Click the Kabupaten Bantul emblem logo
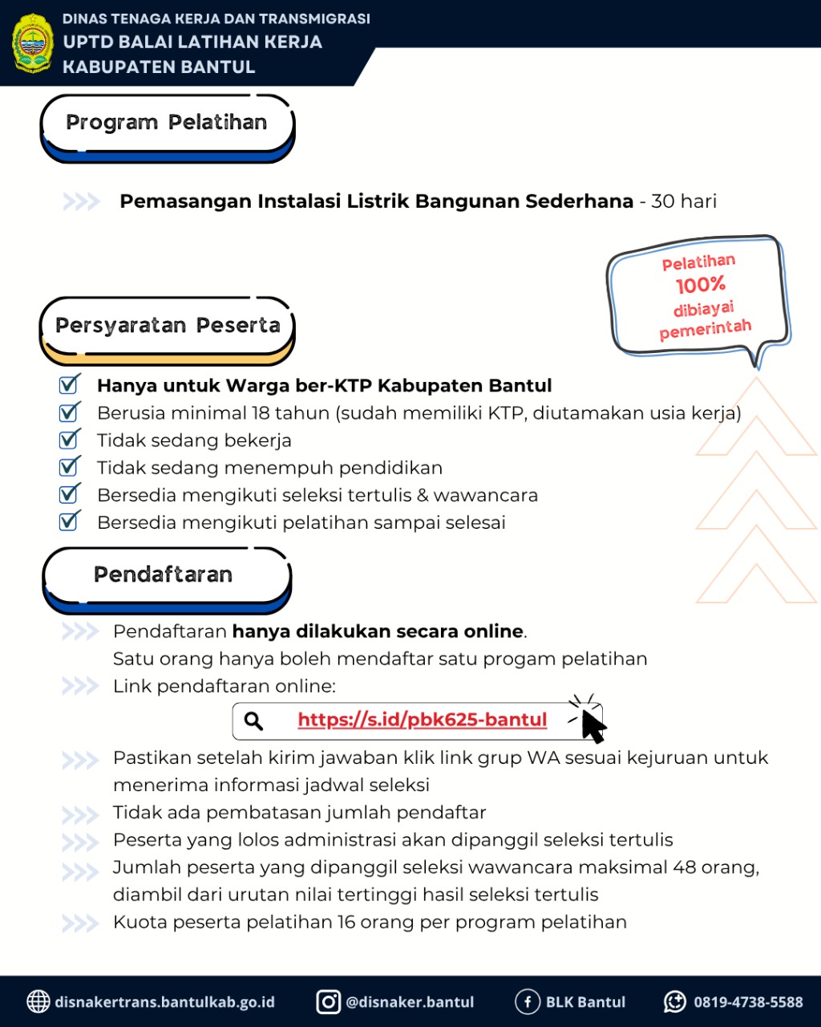32,43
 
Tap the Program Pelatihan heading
167,123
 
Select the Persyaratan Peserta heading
168,326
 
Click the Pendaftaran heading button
164,574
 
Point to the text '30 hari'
684,201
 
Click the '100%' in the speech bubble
700,285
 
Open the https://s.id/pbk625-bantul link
422,720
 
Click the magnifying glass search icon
254,721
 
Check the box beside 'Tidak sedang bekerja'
70,440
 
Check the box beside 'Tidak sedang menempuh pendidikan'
70,467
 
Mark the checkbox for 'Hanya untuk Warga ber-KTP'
70,385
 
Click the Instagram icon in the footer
328,1001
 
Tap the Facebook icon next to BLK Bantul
527,1001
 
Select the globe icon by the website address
38,1001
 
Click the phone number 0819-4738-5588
748,1002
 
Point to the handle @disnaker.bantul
410,1002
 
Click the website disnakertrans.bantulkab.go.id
164,1002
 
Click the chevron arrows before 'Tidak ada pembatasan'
80,814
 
